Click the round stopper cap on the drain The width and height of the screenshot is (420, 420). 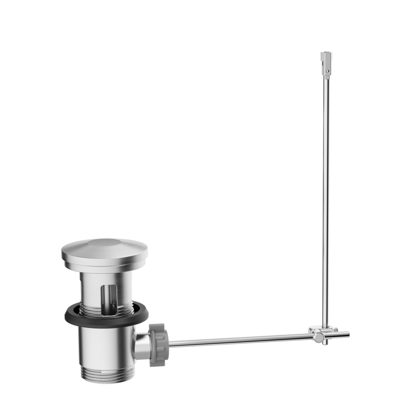click(104, 252)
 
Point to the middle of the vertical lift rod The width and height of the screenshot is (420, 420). click(326, 196)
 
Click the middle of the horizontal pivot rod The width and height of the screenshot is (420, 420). click(238, 339)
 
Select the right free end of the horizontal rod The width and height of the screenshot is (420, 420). click(348, 333)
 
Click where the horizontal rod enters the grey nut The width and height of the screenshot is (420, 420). click(169, 344)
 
